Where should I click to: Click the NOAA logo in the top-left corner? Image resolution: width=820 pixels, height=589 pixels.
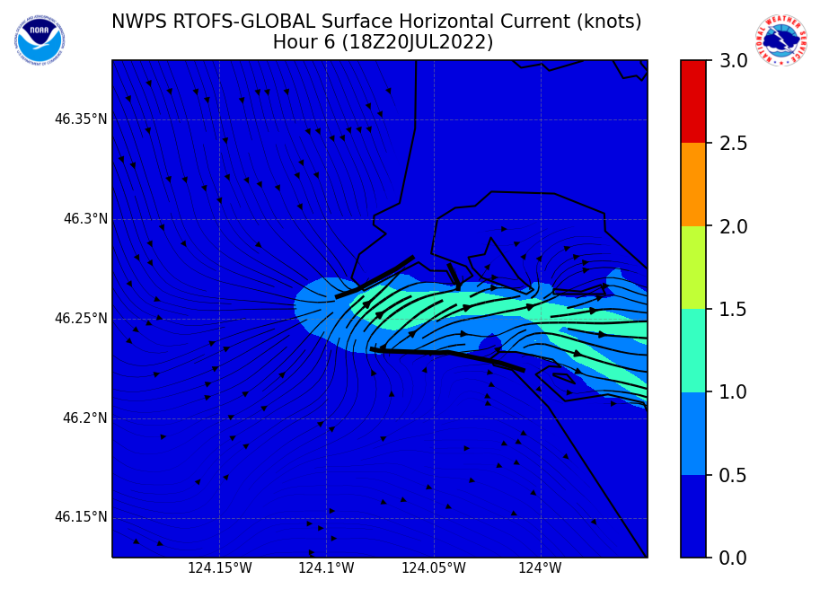point(39,39)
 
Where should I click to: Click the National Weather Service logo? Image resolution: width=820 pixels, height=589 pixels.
point(780,40)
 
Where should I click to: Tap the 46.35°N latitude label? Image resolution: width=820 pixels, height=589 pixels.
point(81,119)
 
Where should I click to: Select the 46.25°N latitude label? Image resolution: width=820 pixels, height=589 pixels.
point(81,319)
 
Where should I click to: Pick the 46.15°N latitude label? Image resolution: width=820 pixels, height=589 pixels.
point(81,517)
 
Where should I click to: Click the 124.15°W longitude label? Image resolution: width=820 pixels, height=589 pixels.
point(219,568)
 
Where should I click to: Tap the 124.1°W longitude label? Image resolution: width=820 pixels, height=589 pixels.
point(326,568)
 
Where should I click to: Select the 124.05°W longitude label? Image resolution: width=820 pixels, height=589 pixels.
point(434,568)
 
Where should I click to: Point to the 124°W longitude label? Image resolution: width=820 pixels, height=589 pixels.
point(540,568)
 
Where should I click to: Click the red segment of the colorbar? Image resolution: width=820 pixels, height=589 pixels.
point(693,101)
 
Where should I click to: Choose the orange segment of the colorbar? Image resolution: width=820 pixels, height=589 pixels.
point(693,184)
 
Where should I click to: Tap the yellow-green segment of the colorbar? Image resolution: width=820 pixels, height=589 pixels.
point(693,267)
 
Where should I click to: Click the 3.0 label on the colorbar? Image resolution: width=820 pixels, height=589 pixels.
point(734,61)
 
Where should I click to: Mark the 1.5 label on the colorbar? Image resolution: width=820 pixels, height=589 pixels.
point(734,310)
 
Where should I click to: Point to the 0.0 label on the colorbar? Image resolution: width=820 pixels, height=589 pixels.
point(734,558)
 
